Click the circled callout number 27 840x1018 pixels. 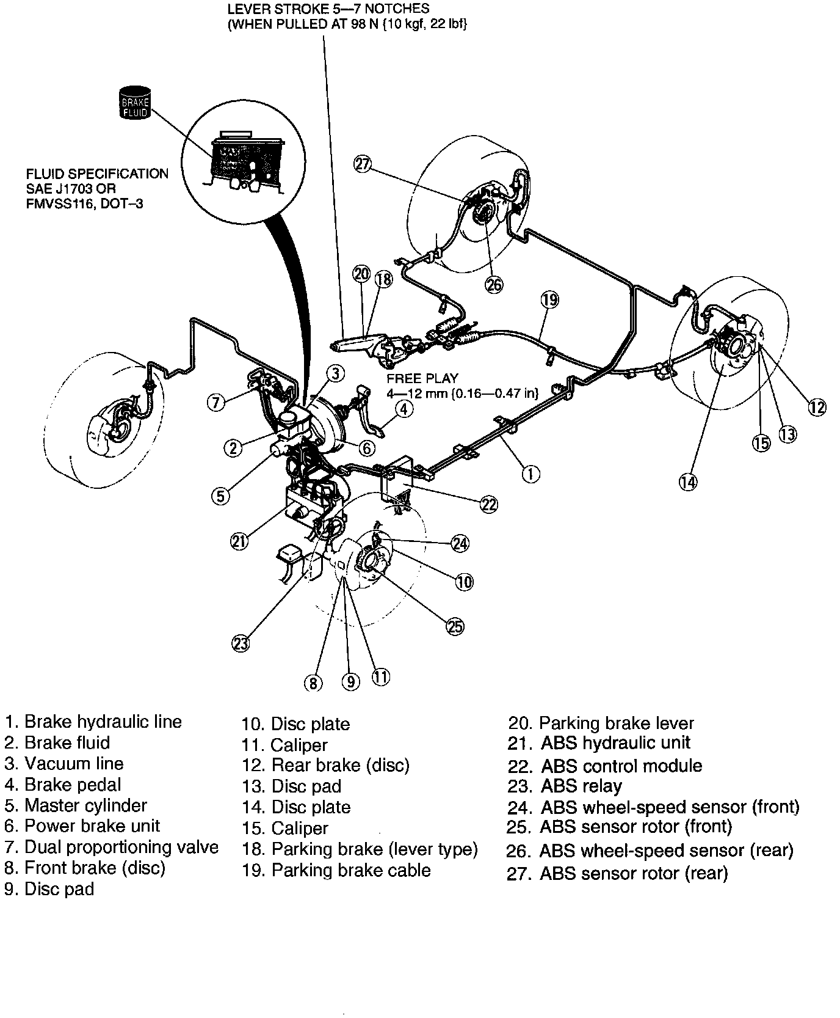pyautogui.click(x=363, y=164)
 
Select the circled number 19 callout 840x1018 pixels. pyautogui.click(x=549, y=299)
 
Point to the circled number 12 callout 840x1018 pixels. pyautogui.click(x=817, y=407)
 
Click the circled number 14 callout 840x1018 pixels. pyautogui.click(x=688, y=482)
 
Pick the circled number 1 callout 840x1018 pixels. pyautogui.click(x=530, y=473)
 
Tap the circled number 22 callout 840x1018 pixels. pyautogui.click(x=488, y=504)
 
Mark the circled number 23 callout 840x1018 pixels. pyautogui.click(x=241, y=643)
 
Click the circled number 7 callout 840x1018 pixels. pyautogui.click(x=216, y=402)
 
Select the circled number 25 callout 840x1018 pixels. pyautogui.click(x=455, y=626)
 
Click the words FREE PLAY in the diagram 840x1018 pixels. pyautogui.click(x=422, y=378)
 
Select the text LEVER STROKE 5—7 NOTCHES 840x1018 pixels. pyautogui.click(x=328, y=9)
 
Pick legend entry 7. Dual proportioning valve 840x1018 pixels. pyautogui.click(x=111, y=847)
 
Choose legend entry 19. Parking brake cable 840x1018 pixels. pyautogui.click(x=336, y=870)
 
